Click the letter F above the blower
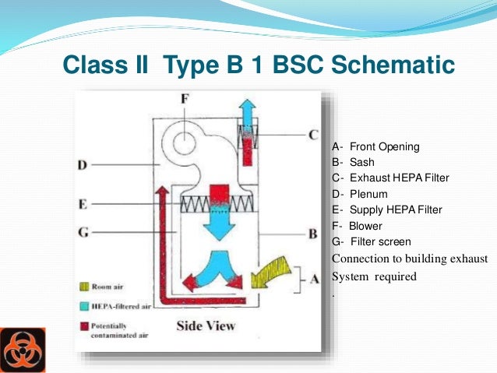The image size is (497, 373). pyautogui.click(x=184, y=100)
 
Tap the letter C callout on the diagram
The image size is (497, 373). pyautogui.click(x=312, y=135)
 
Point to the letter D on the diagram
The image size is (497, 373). pyautogui.click(x=82, y=165)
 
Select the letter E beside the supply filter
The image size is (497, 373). pyautogui.click(x=82, y=206)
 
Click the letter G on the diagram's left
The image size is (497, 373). pyautogui.click(x=82, y=232)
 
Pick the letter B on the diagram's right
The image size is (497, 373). pyautogui.click(x=312, y=233)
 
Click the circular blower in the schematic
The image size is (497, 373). pyautogui.click(x=185, y=143)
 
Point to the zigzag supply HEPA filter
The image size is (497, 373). pyautogui.click(x=217, y=204)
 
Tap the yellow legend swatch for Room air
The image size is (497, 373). pyautogui.click(x=83, y=287)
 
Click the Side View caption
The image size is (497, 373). pyautogui.click(x=206, y=325)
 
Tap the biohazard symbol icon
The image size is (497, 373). pyautogui.click(x=23, y=350)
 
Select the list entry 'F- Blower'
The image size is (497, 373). pyautogui.click(x=360, y=225)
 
